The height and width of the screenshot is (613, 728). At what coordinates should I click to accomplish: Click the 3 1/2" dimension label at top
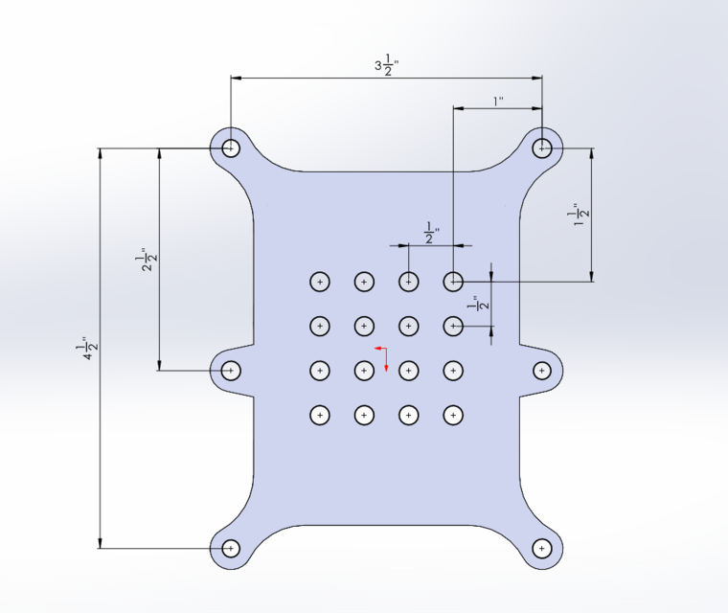click(386, 66)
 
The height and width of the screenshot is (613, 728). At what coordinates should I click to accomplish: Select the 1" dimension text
click(497, 100)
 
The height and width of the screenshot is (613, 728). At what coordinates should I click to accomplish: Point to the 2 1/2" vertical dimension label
click(147, 260)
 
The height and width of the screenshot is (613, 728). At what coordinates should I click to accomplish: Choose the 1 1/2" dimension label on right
click(578, 215)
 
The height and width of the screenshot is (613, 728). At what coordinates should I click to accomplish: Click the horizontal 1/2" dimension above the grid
click(432, 232)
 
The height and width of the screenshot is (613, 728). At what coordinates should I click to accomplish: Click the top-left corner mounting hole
click(230, 148)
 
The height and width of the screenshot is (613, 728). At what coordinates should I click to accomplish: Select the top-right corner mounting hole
click(542, 148)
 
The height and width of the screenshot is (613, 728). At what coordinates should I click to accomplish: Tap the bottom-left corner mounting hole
click(230, 548)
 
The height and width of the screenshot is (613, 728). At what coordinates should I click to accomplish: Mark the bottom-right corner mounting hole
click(542, 548)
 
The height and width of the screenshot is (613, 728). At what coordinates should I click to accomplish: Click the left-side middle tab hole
click(230, 370)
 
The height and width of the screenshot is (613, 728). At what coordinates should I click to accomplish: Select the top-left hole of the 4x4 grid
click(319, 282)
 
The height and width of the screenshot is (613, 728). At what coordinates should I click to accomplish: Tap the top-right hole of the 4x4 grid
click(453, 282)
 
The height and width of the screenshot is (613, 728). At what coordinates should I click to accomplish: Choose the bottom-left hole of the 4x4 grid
click(319, 415)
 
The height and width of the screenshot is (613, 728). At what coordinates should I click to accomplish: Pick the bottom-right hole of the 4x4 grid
click(453, 415)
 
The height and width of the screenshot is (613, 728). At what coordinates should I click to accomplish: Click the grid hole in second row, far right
click(453, 327)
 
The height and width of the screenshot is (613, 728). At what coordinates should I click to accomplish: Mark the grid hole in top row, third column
click(409, 282)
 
